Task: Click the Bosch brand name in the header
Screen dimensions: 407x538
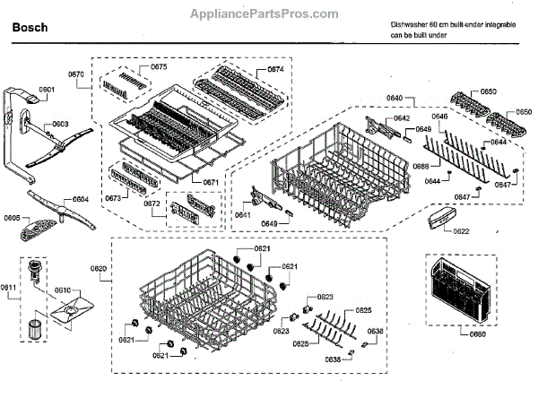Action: point(29,28)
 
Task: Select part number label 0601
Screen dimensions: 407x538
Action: point(47,90)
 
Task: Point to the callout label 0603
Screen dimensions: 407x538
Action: point(60,125)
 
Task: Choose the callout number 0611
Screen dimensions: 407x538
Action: point(8,287)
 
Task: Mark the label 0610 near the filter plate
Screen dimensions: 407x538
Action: point(62,290)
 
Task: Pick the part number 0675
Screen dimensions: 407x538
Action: point(159,67)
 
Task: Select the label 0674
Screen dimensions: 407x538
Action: point(275,69)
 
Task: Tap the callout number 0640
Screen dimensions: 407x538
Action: point(394,97)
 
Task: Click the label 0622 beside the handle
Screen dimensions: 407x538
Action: point(461,231)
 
